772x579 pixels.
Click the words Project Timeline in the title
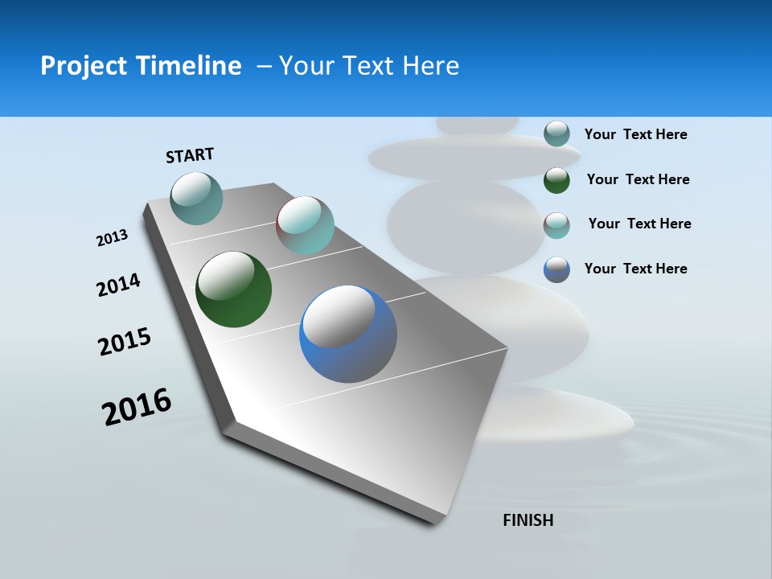click(x=141, y=66)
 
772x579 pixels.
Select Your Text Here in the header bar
click(x=369, y=66)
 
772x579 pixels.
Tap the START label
click(x=190, y=155)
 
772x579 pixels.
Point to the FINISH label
click(x=528, y=520)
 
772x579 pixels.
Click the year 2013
click(x=112, y=238)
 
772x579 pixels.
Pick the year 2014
click(x=118, y=285)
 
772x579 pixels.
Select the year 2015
click(x=125, y=342)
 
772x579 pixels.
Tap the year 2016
click(x=137, y=407)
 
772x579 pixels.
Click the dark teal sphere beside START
click(x=197, y=198)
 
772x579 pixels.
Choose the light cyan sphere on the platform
click(x=305, y=225)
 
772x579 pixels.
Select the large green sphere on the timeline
click(x=233, y=289)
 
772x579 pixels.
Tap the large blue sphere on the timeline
click(x=348, y=334)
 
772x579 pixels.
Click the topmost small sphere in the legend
click(x=556, y=133)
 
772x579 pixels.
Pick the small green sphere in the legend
click(x=556, y=179)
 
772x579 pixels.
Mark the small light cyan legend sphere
click(x=556, y=224)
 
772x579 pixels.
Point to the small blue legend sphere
click(x=556, y=269)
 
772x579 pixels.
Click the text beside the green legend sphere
click(x=638, y=179)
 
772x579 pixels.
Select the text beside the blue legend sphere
click(x=635, y=269)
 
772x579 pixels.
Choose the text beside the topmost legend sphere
click(x=635, y=134)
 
